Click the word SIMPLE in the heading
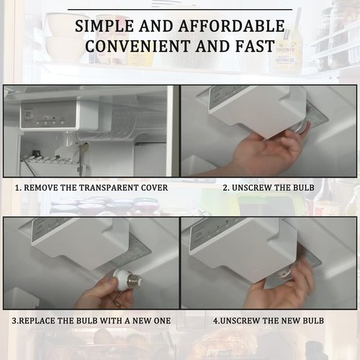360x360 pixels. click(104, 26)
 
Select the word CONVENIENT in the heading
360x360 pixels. click(138, 46)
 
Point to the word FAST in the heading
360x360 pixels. click(255, 46)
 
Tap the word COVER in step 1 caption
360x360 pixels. click(154, 188)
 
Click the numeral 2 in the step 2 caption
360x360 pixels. click(225, 188)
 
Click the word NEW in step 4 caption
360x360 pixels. click(291, 321)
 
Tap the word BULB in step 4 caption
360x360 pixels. click(313, 321)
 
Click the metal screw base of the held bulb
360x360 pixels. click(134, 279)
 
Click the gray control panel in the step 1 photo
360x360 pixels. click(48, 116)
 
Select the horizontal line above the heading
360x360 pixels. click(180, 9)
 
